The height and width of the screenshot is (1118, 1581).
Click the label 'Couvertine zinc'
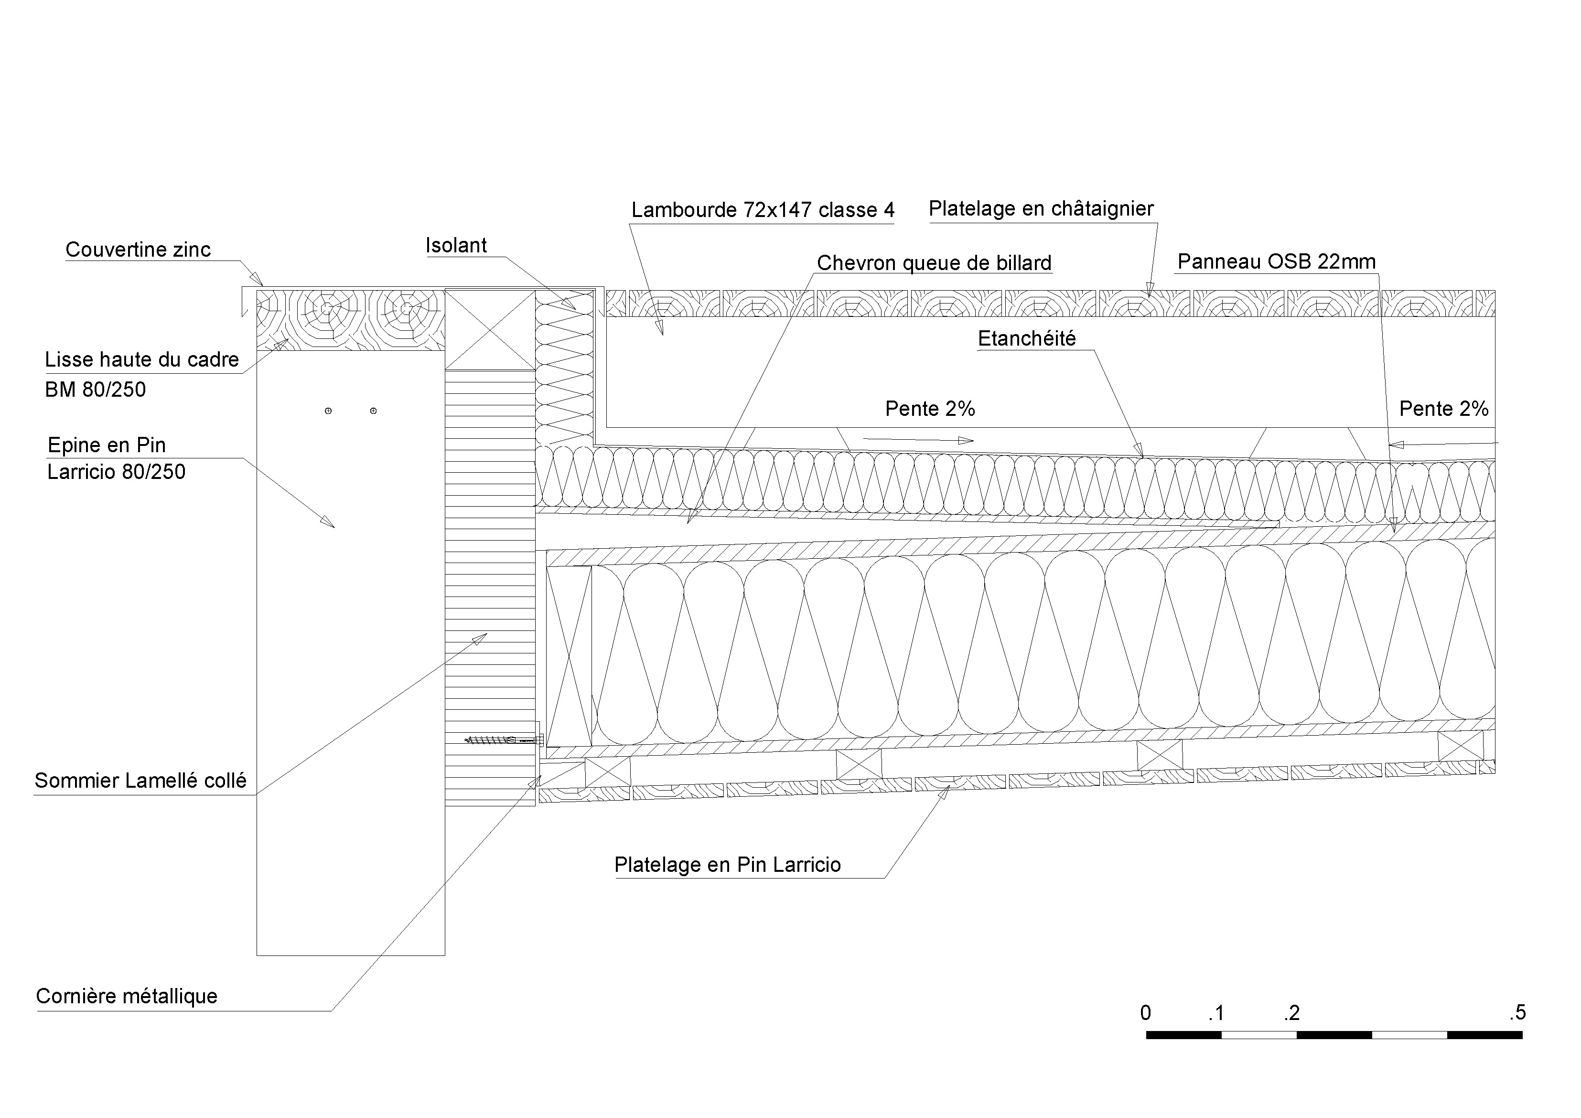point(138,250)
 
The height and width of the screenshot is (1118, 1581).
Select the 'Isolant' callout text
point(456,245)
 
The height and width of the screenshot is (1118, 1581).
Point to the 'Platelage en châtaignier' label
point(1041,208)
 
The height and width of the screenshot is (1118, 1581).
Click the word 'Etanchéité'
point(1026,338)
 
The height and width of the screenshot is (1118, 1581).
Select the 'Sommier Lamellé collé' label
point(140,781)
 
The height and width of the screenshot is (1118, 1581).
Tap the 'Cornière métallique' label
point(127,996)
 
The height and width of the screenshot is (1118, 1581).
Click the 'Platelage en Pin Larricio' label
point(727,865)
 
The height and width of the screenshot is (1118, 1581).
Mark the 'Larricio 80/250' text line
point(117,471)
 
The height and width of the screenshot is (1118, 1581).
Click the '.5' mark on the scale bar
point(1517,1013)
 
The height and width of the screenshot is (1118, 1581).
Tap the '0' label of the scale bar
point(1145,1013)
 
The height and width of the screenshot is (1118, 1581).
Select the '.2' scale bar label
point(1292,1013)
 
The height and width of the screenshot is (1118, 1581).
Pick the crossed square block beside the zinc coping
point(490,329)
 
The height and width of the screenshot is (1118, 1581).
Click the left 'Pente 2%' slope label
point(930,409)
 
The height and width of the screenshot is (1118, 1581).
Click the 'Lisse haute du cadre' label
point(141,359)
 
